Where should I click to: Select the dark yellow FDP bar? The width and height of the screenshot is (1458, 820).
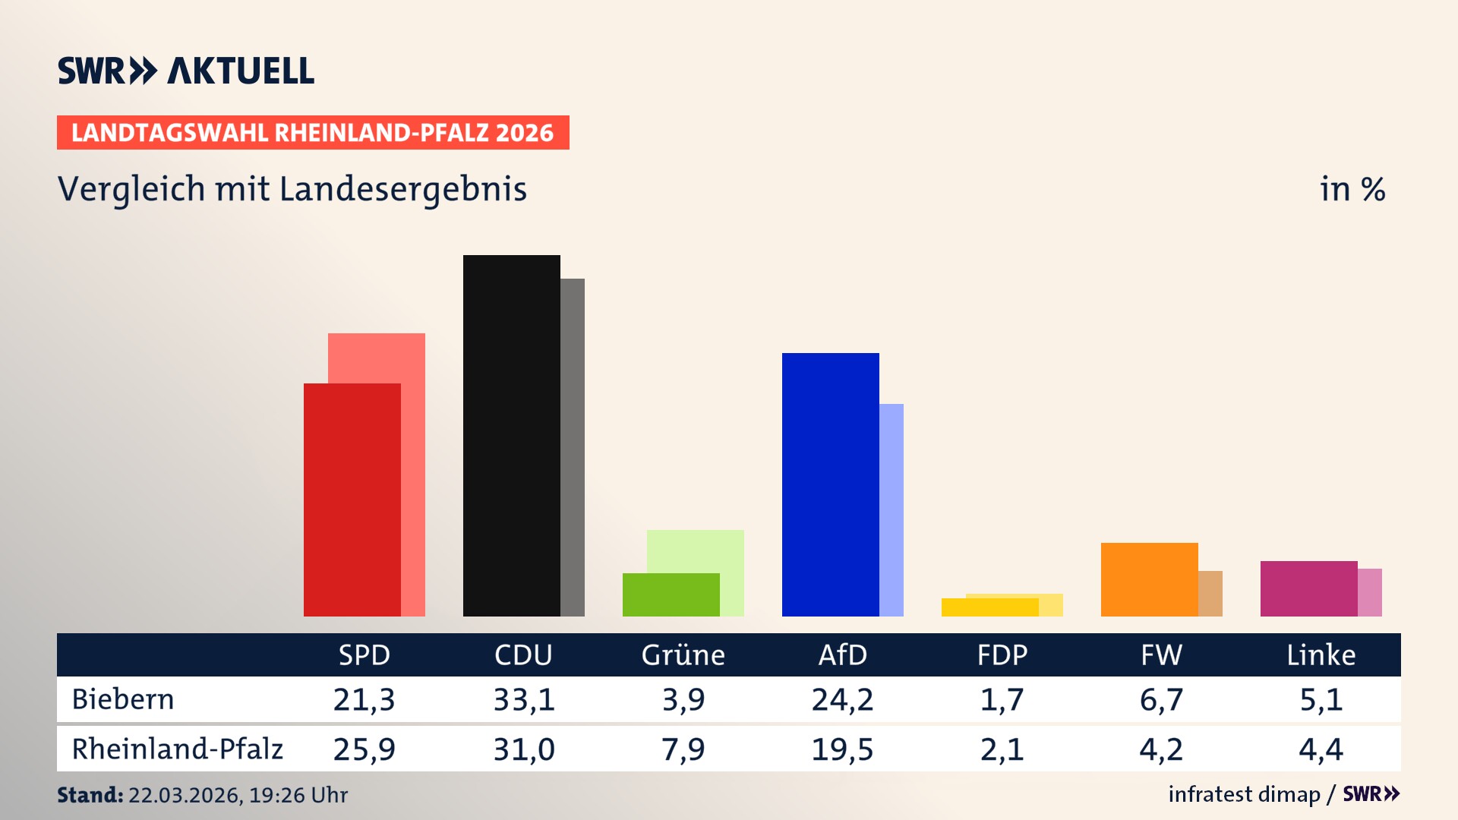[x=989, y=607]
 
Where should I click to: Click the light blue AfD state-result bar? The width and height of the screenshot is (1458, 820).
[x=892, y=509]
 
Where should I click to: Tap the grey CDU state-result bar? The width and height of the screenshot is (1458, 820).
[x=573, y=447]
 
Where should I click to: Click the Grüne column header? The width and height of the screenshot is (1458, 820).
[x=683, y=654]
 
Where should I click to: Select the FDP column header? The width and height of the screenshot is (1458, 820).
[x=1002, y=654]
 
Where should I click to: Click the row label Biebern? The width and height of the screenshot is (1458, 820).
[x=123, y=699]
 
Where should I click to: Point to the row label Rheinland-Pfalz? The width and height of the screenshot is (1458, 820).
[x=177, y=749]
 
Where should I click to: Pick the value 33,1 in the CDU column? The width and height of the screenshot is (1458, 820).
[x=524, y=699]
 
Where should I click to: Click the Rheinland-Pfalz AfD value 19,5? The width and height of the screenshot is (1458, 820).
[x=842, y=749]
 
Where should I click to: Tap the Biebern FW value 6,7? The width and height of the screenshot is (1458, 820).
[x=1161, y=699]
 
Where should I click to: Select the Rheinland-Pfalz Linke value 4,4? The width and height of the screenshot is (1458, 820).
[x=1321, y=749]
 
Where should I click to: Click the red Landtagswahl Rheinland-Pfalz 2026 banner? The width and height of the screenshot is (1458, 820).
[x=313, y=133]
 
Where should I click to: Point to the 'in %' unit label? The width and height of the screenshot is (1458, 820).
[x=1352, y=189]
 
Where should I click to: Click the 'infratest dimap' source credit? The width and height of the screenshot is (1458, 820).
[x=1244, y=794]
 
